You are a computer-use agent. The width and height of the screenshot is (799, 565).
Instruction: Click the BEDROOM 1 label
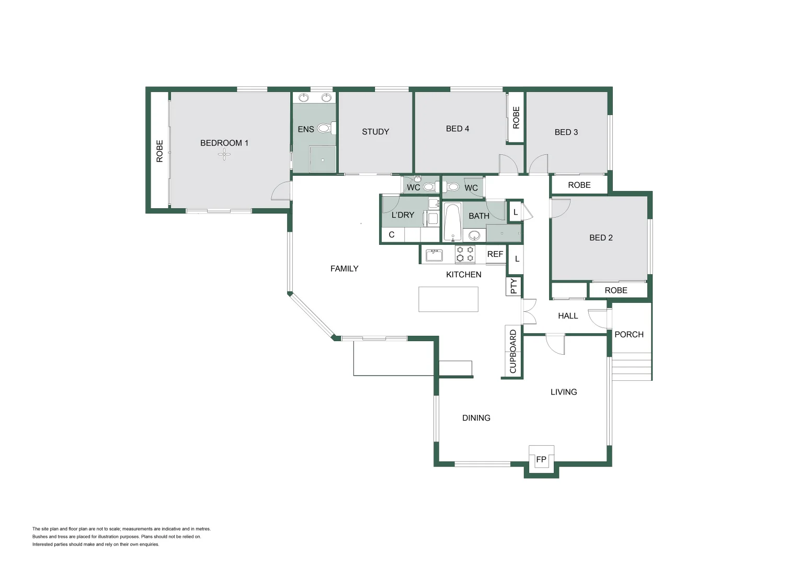pos(224,143)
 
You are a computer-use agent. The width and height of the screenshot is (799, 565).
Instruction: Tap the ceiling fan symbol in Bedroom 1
pos(224,154)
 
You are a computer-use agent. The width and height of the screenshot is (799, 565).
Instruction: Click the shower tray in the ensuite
pos(323,159)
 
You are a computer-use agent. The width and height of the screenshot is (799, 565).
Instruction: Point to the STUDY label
pos(375,132)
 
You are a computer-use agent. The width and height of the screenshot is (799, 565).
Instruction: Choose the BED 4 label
pos(458,129)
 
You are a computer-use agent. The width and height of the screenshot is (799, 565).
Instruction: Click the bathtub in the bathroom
pos(452,222)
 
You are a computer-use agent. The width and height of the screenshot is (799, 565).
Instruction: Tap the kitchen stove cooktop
pos(465,254)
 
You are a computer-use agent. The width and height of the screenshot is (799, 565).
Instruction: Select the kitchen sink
pos(434,255)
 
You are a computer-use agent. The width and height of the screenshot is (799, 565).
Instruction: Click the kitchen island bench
pos(448,299)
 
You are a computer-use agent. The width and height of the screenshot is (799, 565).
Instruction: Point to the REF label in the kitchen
pos(495,254)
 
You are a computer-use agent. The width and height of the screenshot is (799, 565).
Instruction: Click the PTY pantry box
pos(513,286)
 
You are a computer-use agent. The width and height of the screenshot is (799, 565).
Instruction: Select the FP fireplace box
pos(541,459)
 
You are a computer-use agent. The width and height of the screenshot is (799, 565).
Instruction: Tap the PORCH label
pos(629,334)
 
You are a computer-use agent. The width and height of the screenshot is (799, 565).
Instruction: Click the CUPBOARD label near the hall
pos(513,352)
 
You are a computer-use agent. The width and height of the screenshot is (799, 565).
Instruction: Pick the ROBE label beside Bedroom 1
pos(160,151)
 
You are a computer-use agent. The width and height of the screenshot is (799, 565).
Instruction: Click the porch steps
pos(632,367)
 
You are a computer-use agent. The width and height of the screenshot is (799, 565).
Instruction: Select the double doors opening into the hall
pos(529,312)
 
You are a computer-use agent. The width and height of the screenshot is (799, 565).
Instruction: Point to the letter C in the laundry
pos(392,235)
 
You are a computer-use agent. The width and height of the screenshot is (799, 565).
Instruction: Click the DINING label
pos(476,418)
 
